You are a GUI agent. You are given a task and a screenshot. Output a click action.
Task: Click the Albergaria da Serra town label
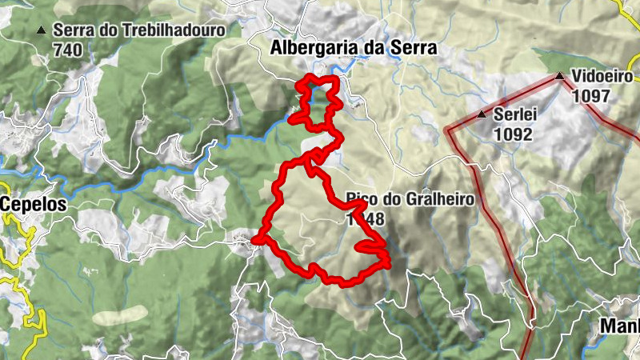pos(354,48)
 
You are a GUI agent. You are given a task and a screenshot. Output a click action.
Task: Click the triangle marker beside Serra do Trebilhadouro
pos(41,30)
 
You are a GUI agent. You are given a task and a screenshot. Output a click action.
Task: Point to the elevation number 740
pos(68,49)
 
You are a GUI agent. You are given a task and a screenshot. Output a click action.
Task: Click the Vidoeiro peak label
pos(602,77)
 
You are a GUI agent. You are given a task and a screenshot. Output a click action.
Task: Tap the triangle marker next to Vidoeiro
pos(560,77)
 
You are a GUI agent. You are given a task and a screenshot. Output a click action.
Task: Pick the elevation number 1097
pos(591,95)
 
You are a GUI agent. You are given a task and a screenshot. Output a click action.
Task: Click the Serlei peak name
pos(514,114)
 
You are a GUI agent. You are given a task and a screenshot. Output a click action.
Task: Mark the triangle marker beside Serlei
pos(482,114)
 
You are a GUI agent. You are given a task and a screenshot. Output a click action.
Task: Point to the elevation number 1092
pos(513,134)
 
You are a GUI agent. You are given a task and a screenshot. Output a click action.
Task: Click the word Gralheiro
pos(435,199)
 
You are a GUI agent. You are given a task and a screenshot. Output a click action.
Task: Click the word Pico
pos(361,199)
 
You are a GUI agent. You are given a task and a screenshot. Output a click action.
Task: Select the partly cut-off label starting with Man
pos(621,327)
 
